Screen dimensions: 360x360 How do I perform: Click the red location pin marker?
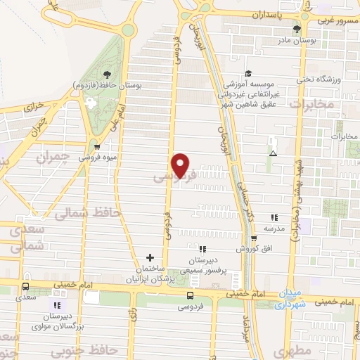pos(181,165)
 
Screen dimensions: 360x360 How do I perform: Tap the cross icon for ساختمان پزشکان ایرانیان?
pos(150,258)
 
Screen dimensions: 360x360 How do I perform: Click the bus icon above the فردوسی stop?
pos(191,295)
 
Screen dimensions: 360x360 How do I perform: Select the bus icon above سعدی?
pos(26,287)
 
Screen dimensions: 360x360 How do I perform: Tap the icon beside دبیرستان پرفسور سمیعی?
pos(202,249)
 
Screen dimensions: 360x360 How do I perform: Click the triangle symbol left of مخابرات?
pos(274,153)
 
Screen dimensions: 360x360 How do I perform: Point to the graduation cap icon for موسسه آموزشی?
pos(247,73)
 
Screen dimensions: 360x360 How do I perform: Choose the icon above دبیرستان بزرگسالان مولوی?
pos(57,305)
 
